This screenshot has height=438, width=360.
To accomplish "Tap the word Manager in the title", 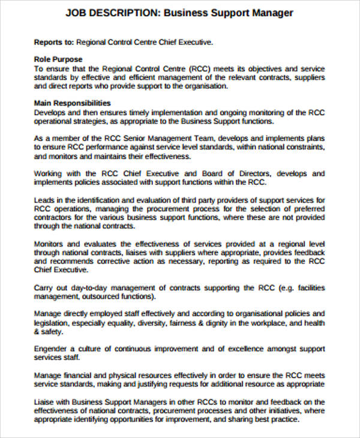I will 271,13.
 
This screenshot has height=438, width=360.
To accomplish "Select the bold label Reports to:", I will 53,43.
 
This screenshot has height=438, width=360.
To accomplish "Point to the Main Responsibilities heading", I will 73,103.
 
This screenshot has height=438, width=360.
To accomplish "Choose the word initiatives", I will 277,410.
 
